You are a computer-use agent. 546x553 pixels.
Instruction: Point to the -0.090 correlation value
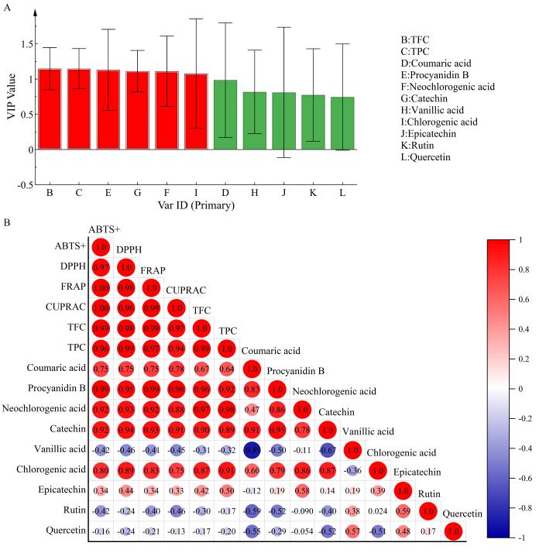click(x=302, y=511)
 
